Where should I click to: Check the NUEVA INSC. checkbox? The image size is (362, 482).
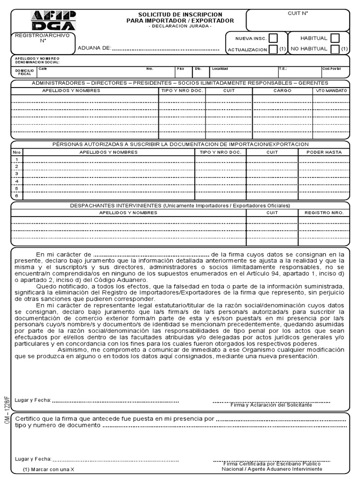273,38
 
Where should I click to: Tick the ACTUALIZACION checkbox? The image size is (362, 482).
273,49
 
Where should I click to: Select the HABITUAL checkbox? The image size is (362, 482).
335,38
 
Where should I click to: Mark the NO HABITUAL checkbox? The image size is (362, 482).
335,49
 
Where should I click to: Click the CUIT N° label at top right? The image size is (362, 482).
297,14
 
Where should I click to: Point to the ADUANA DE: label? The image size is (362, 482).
94,48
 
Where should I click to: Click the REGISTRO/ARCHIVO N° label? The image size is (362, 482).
42,38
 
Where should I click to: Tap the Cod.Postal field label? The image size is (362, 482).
332,69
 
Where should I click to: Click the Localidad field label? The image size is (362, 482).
220,69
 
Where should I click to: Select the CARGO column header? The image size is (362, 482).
282,90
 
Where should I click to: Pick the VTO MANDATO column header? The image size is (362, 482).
331,90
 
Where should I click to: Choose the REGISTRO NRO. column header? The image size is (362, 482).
324,213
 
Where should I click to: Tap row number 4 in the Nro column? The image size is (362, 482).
16,181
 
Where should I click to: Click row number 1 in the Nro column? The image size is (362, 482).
16,160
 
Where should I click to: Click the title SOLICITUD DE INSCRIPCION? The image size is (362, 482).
180,15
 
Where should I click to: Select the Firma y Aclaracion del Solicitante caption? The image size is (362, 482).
271,405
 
